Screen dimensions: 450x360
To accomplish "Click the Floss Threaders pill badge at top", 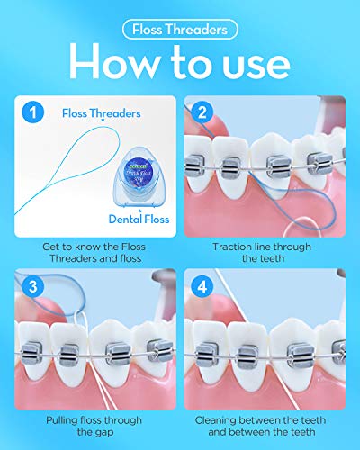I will click(180, 29).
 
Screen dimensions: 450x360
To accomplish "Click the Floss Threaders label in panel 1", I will click(101, 114).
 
